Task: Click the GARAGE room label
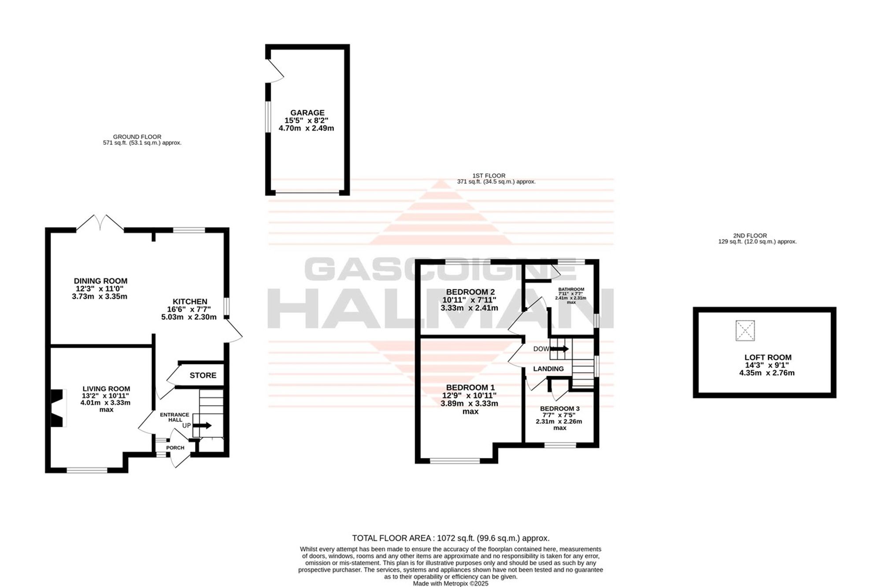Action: tap(307, 113)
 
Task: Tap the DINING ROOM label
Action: tap(100, 281)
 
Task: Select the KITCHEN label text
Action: tap(190, 302)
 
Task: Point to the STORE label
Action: tap(203, 375)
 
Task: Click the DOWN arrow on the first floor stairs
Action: tap(559, 349)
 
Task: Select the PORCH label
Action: tap(175, 448)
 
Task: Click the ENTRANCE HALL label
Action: tap(174, 417)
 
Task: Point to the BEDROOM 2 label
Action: tap(470, 292)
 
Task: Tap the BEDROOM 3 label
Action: tap(560, 409)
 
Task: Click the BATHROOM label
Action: tap(571, 289)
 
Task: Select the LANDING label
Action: tap(548, 369)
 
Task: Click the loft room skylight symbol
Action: tap(745, 331)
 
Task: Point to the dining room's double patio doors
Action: tap(100, 223)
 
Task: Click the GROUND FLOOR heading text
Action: tap(137, 137)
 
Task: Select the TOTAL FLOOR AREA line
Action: tap(451, 538)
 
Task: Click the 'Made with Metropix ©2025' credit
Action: tap(451, 583)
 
